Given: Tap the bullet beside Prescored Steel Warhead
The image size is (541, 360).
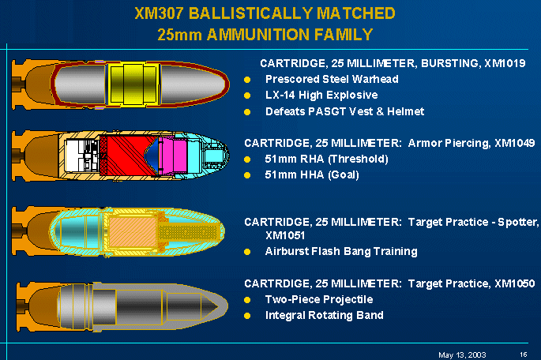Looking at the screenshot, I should pyautogui.click(x=247, y=80).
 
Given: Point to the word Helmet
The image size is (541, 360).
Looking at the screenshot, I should pyautogui.click(x=404, y=111).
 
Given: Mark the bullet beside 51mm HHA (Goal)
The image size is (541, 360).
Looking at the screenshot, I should pyautogui.click(x=247, y=175).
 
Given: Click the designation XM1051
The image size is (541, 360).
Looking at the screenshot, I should pyautogui.click(x=285, y=235).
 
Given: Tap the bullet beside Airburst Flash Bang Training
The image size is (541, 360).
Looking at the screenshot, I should pyautogui.click(x=247, y=252).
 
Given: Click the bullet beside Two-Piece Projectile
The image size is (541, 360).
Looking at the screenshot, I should pyautogui.click(x=247, y=300).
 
